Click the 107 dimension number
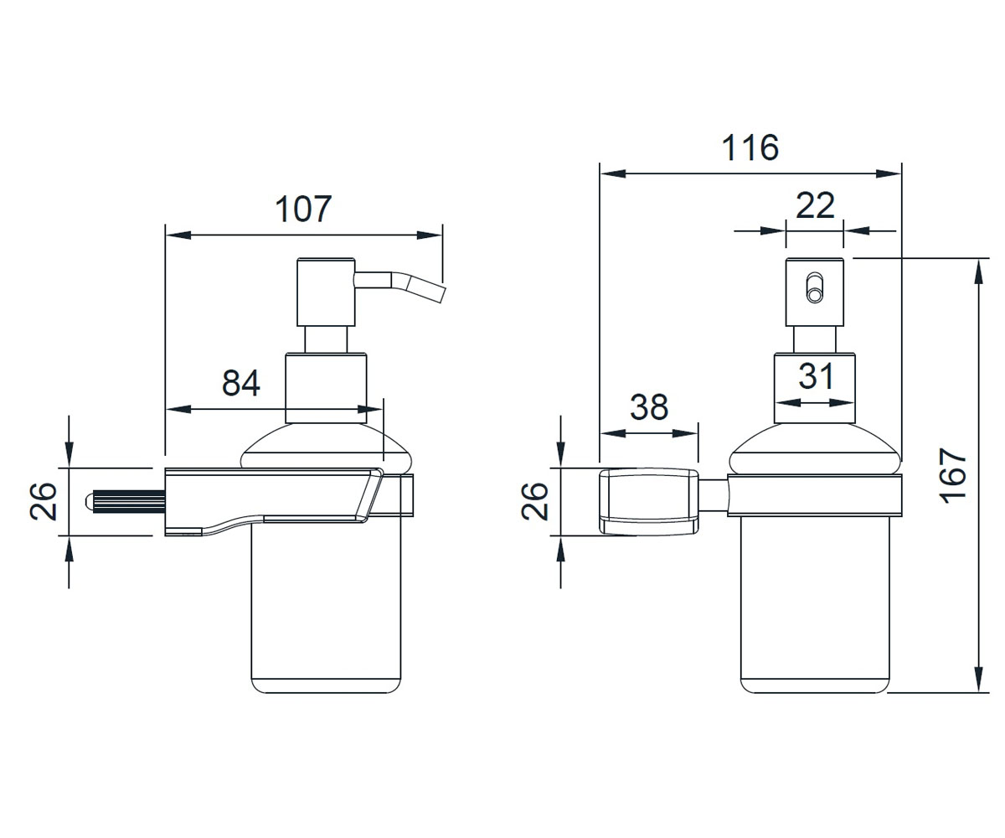tap(303, 209)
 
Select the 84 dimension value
tap(241, 383)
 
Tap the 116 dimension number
tap(750, 147)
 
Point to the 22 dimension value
tap(815, 205)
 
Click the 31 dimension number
tap(817, 376)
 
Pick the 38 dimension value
tap(649, 407)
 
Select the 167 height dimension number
tap(954, 476)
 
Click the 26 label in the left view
tap(44, 501)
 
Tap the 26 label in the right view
tap(535, 501)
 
